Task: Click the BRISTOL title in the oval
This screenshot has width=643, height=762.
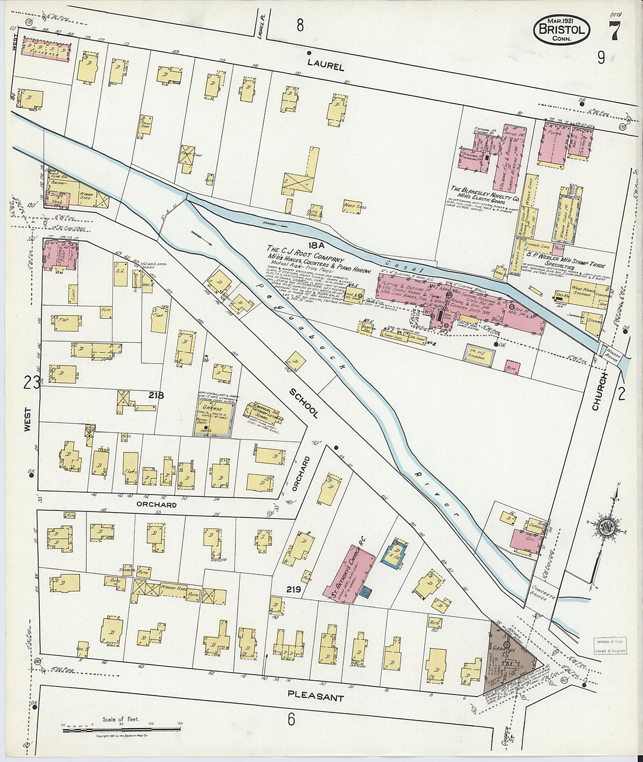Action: point(561,30)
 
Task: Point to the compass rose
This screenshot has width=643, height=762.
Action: point(606,525)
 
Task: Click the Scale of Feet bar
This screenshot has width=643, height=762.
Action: point(122,728)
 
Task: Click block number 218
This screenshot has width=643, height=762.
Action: point(155,395)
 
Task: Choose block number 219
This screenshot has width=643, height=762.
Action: point(293,590)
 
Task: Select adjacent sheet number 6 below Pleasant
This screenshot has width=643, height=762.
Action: point(291,719)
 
